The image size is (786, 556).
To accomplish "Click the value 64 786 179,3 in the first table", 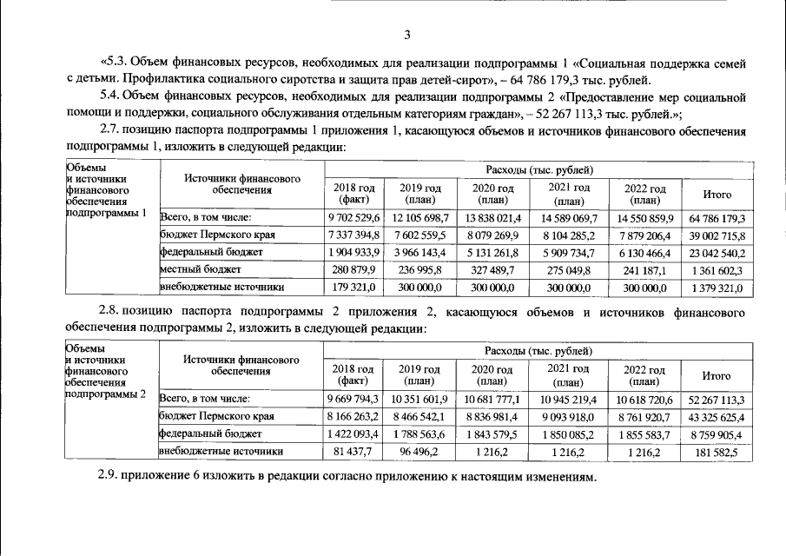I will (717, 217).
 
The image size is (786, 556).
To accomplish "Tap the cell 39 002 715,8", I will (717, 235).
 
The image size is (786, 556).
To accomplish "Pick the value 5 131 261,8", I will (492, 252).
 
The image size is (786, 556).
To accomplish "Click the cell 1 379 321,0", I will (717, 287).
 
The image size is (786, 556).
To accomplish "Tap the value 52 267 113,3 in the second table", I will (717, 399).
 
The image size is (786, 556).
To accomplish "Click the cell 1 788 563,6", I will (420, 434).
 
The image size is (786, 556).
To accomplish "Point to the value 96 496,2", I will (420, 451).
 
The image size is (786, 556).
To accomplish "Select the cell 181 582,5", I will (717, 451).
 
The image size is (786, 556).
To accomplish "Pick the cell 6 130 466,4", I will (644, 252).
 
